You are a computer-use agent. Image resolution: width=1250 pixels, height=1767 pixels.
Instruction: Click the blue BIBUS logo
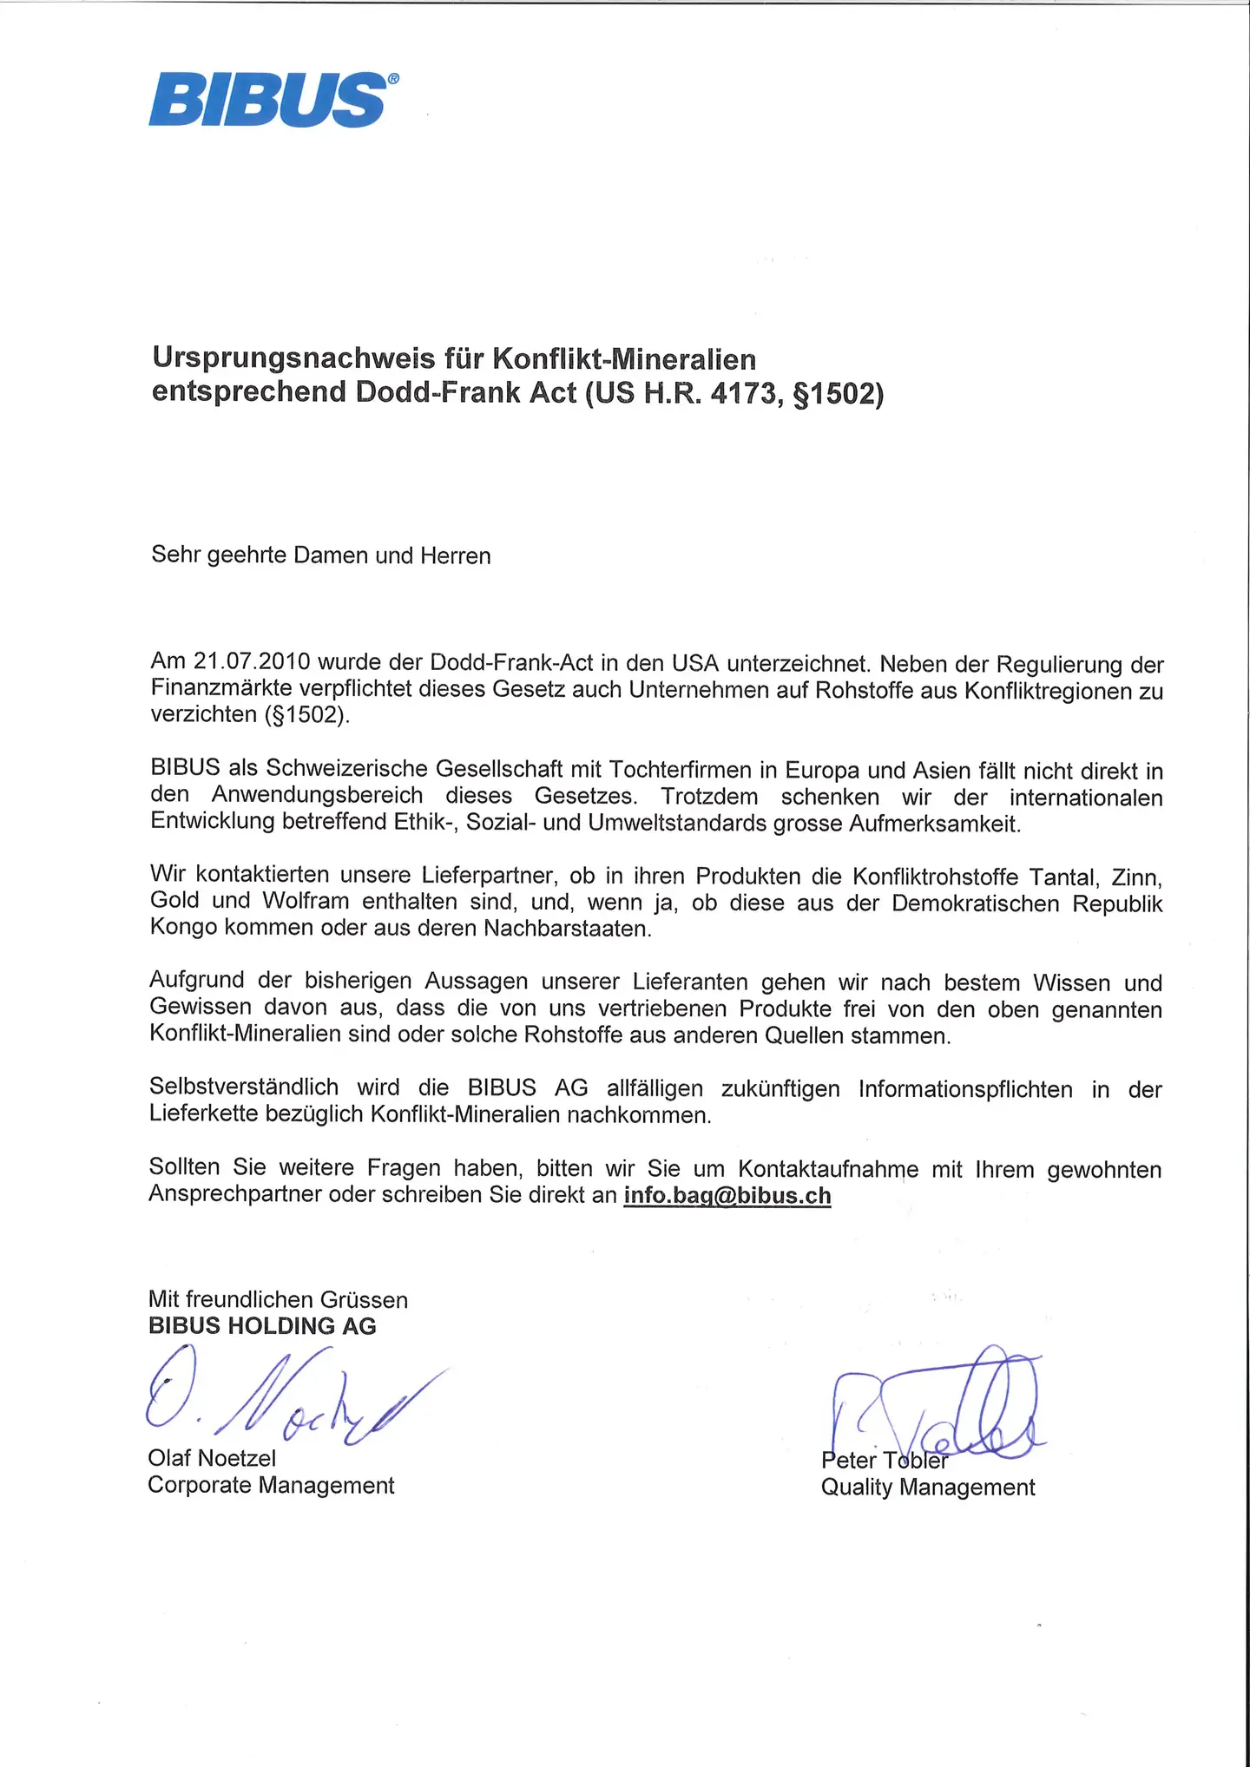(269, 100)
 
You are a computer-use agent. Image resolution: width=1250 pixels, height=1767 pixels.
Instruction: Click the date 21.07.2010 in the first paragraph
(252, 662)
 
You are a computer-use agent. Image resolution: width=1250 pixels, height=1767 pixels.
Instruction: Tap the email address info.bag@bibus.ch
(727, 1195)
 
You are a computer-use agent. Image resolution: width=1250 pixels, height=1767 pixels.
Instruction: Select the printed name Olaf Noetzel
(212, 1458)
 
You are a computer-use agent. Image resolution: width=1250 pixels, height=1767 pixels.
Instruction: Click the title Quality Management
(928, 1487)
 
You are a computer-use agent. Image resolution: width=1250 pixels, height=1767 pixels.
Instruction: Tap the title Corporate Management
(271, 1485)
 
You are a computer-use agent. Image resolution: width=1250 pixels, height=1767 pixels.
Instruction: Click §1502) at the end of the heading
(839, 392)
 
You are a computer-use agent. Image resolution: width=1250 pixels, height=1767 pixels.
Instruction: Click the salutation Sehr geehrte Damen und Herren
(321, 555)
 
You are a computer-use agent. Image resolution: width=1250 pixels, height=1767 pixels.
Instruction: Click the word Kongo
(183, 928)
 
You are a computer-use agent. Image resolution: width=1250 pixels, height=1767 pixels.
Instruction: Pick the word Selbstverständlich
(244, 1087)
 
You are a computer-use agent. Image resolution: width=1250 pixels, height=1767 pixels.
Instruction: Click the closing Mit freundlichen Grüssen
(278, 1299)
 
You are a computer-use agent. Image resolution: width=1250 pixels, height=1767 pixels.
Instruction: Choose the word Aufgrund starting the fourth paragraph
(195, 981)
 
